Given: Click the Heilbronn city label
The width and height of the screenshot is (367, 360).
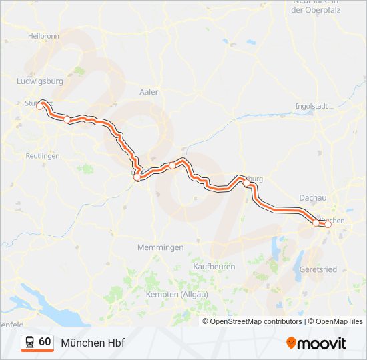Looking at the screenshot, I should click(44, 35).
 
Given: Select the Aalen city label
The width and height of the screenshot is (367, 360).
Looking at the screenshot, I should click(149, 92).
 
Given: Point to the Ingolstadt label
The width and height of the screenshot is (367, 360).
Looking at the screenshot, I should click(311, 106).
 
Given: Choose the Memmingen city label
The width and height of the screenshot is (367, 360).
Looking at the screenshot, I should click(160, 247).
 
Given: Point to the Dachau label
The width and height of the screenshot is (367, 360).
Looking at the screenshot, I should click(313, 198).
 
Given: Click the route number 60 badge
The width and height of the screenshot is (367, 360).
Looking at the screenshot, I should click(45, 342).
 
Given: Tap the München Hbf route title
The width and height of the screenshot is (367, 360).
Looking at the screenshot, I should click(93, 343).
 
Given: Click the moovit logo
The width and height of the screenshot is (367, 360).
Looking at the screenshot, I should click(316, 343).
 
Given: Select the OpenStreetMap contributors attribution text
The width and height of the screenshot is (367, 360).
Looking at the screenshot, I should click(256, 321).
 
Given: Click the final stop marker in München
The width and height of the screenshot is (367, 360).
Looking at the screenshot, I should click(328, 225).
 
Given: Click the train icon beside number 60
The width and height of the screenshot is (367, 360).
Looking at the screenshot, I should click(30, 342).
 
